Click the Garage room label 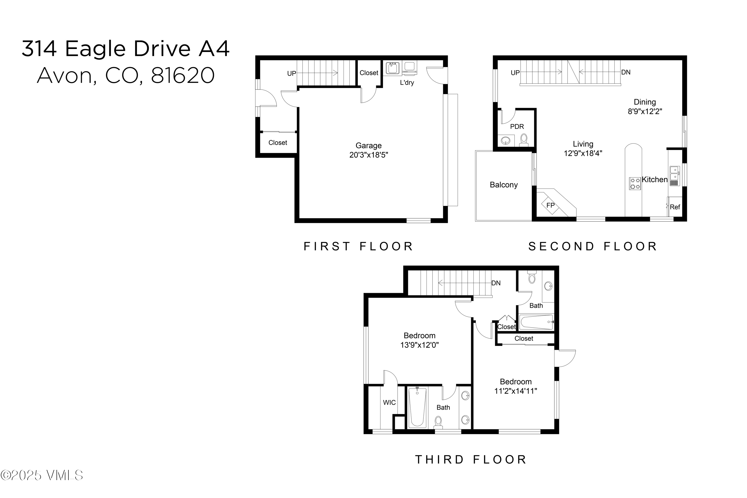pyautogui.click(x=369, y=146)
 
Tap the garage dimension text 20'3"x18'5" pyautogui.click(x=369, y=155)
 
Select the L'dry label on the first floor pyautogui.click(x=407, y=83)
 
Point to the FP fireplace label pyautogui.click(x=550, y=205)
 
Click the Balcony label pyautogui.click(x=503, y=185)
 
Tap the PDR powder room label pyautogui.click(x=517, y=127)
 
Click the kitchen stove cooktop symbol pyautogui.click(x=635, y=184)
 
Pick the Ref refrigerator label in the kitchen pyautogui.click(x=675, y=207)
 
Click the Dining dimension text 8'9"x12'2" pyautogui.click(x=645, y=111)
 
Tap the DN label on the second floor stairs pyautogui.click(x=625, y=72)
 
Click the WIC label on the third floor pyautogui.click(x=389, y=402)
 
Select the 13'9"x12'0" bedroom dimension pyautogui.click(x=419, y=345)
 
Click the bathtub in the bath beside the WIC pyautogui.click(x=417, y=408)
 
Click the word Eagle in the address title pyautogui.click(x=95, y=49)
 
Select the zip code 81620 pyautogui.click(x=183, y=76)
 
